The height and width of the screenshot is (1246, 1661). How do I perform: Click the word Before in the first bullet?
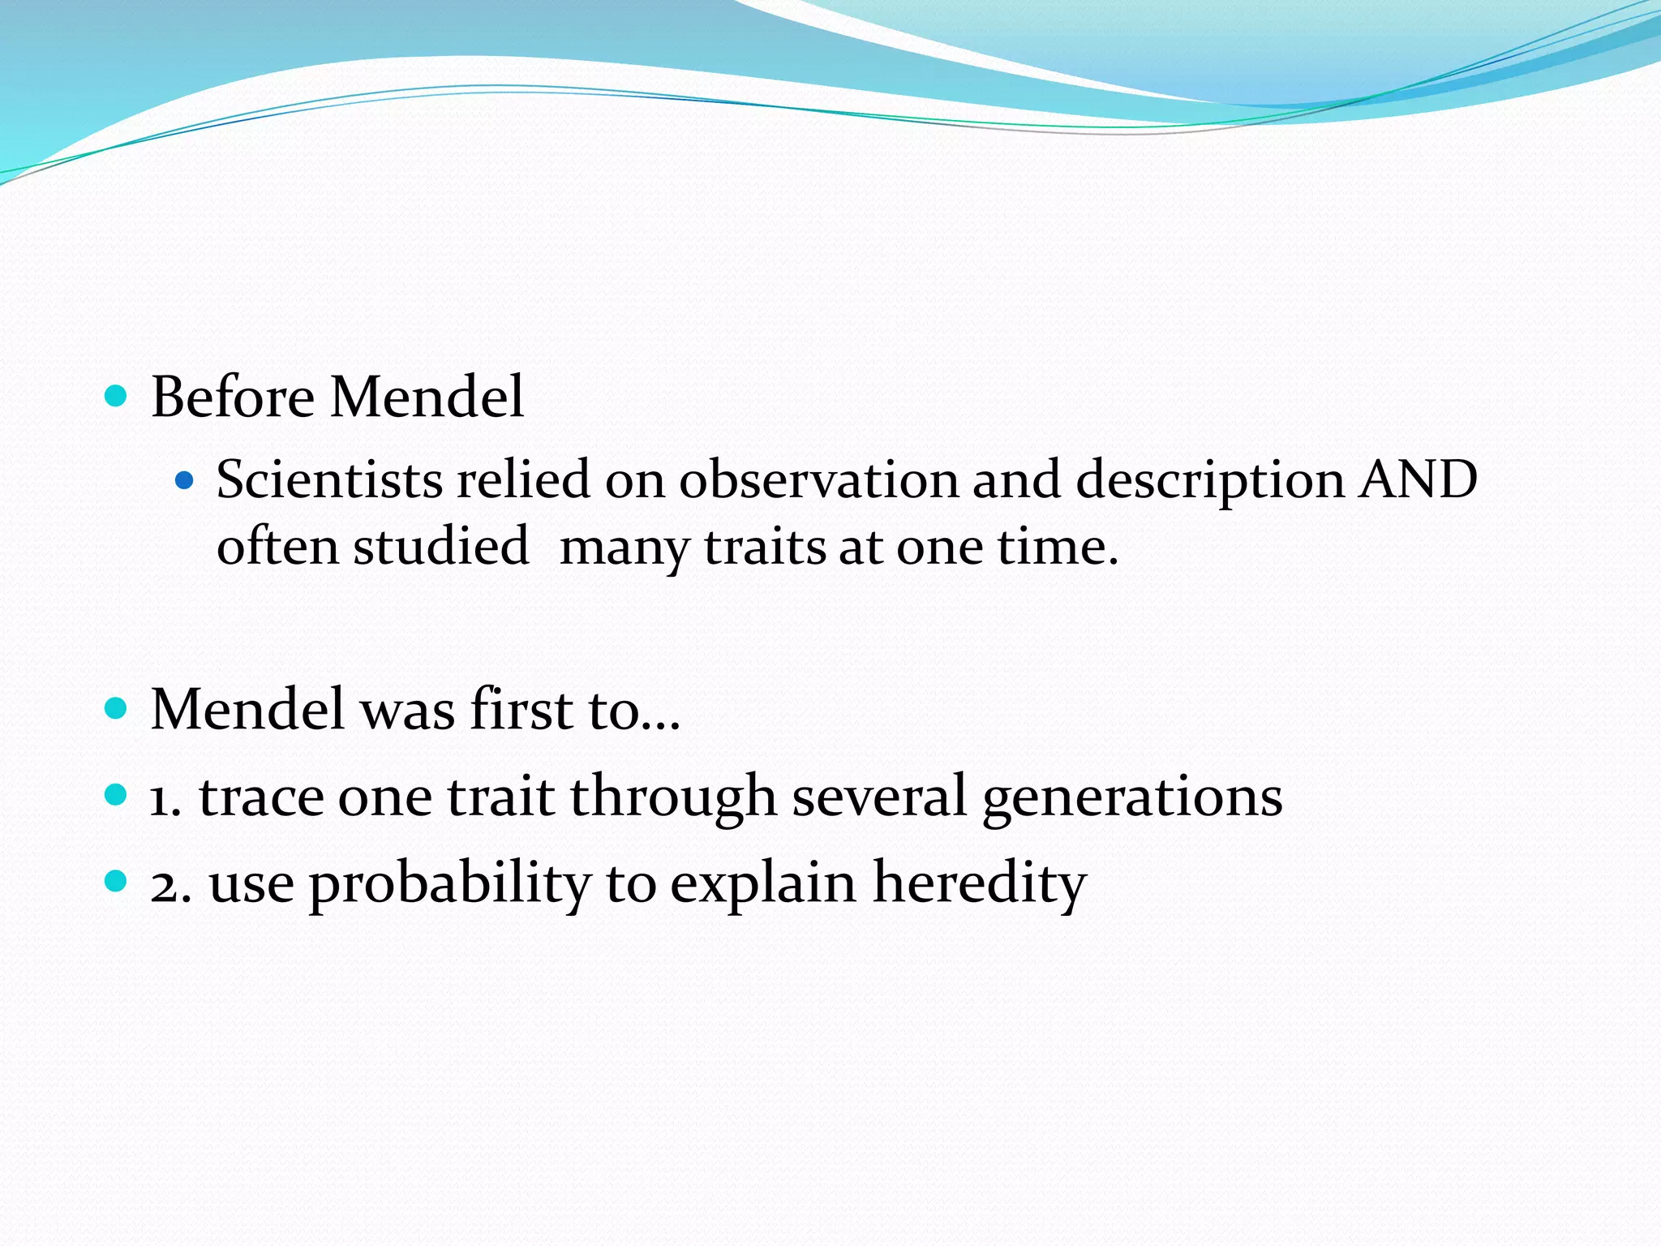(233, 397)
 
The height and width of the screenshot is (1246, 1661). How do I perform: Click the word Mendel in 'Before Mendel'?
(427, 397)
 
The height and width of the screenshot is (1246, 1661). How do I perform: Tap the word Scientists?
(328, 479)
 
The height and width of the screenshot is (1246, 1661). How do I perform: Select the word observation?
(818, 479)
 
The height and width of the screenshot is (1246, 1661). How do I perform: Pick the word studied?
(440, 546)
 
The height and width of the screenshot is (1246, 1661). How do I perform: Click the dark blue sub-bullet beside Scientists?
(185, 481)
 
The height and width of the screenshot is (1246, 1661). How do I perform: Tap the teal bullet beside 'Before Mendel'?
(117, 397)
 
